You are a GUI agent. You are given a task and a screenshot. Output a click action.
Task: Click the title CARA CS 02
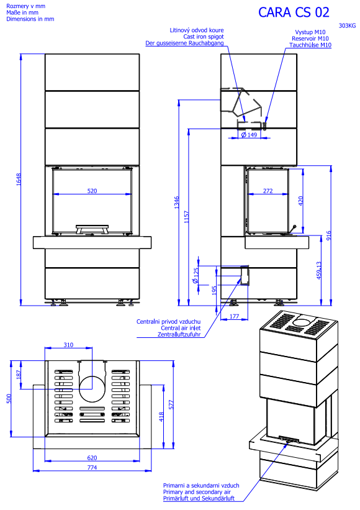[x=294, y=12]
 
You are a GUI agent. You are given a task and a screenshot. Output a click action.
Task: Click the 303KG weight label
[x=347, y=25]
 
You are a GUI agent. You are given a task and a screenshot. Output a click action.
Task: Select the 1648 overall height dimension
[x=19, y=180]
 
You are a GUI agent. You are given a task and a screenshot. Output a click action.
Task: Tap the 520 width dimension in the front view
[x=92, y=191]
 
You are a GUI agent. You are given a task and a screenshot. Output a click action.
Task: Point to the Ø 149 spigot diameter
[x=249, y=135]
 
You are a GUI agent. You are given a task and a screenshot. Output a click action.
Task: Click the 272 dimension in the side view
[x=268, y=191]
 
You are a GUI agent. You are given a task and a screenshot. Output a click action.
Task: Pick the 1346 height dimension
[x=176, y=203]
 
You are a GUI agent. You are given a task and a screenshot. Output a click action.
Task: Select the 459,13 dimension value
[x=319, y=270]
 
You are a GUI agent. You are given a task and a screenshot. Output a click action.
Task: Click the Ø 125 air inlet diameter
[x=196, y=276]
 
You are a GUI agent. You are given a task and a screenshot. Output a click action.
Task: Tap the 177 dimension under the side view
[x=234, y=316]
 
